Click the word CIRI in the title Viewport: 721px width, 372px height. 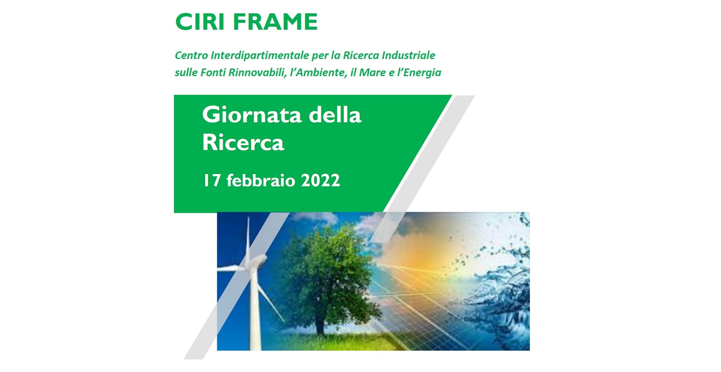point(199,22)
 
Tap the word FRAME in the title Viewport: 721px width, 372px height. point(275,22)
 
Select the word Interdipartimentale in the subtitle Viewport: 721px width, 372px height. point(260,56)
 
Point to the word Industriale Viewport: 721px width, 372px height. point(408,56)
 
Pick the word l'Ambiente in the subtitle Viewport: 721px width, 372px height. point(318,73)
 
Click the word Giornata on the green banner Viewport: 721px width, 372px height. point(252,115)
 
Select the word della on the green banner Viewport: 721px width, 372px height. point(335,115)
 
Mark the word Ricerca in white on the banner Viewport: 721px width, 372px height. point(243,142)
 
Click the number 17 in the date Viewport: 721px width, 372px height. point(212,180)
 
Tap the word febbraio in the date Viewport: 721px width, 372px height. point(261,180)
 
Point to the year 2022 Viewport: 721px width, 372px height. point(320,180)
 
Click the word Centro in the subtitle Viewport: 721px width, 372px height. point(191,56)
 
